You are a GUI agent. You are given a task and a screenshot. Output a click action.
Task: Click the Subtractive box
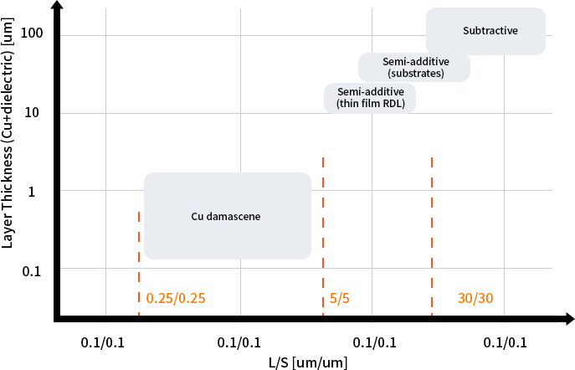point(485,32)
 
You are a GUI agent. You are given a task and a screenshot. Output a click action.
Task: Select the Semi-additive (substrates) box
point(415,68)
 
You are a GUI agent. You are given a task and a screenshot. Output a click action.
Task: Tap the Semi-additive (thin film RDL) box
point(370,97)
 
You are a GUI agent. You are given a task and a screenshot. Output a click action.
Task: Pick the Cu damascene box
point(227,216)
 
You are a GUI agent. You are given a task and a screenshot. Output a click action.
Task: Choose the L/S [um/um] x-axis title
point(307,362)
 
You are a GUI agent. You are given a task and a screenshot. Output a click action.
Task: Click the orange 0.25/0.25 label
point(176,298)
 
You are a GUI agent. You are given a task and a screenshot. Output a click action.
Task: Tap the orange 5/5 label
point(339,298)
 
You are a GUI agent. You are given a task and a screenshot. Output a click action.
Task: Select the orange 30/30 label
point(476,298)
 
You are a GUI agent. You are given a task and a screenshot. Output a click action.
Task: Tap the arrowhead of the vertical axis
point(56,8)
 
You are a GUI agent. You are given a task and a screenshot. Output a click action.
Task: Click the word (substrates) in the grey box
point(415,74)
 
